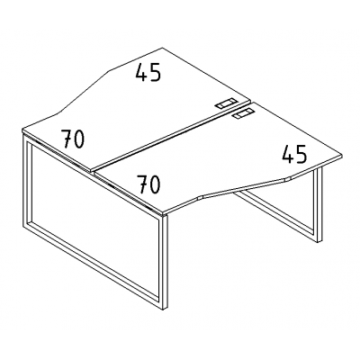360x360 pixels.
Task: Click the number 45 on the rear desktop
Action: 148,73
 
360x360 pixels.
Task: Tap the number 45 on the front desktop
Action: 294,154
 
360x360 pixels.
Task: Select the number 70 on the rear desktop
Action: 73,139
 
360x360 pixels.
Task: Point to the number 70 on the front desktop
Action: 148,184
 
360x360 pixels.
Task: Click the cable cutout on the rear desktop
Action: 226,103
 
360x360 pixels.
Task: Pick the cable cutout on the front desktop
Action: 243,114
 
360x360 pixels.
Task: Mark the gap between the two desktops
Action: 171,138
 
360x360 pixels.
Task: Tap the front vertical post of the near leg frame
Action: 165,258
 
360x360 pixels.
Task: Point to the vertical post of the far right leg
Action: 318,205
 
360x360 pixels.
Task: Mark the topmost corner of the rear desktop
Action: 162,48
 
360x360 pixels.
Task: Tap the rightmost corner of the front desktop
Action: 342,156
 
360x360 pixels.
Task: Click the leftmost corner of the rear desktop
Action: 22,130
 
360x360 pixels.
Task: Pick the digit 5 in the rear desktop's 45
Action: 155,73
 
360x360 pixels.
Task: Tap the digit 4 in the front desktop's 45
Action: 288,154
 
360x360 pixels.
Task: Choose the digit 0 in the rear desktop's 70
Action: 78,139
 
